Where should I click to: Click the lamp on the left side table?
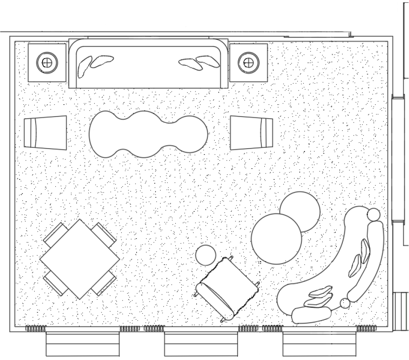click(x=47, y=62)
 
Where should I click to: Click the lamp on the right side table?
click(x=248, y=62)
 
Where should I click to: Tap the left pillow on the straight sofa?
click(x=94, y=64)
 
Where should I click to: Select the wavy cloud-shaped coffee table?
click(x=148, y=134)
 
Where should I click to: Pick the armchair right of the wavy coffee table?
click(x=251, y=133)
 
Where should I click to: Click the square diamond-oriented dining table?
click(x=80, y=259)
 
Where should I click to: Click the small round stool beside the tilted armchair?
click(x=206, y=254)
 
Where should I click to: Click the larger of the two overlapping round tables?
click(x=276, y=239)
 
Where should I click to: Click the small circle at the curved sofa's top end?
click(x=374, y=214)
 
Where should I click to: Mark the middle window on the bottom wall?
click(x=201, y=344)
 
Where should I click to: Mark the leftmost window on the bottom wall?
click(x=83, y=344)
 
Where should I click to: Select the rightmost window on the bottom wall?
click(x=319, y=344)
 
